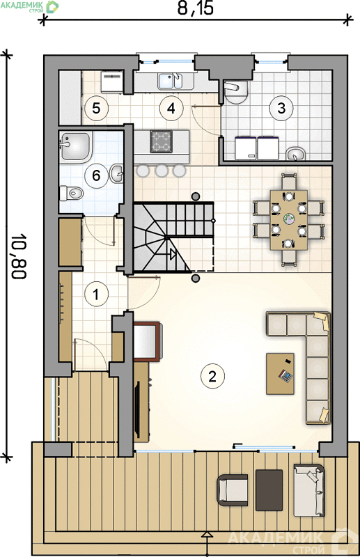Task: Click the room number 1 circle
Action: point(96,294)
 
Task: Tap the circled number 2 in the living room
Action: point(212,376)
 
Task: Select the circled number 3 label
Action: point(281,108)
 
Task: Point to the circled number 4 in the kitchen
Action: point(171,108)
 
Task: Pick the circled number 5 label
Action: point(96,108)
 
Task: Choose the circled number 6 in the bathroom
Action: point(96,176)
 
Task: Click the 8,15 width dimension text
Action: point(196,8)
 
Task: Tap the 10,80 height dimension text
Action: point(19,256)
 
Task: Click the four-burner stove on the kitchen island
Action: point(161,141)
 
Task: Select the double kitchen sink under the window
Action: point(171,81)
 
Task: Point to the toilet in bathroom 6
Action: point(72,193)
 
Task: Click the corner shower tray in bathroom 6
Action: point(76,146)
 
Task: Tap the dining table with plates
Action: point(289,220)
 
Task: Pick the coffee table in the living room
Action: point(280,373)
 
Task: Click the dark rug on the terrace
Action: point(269,490)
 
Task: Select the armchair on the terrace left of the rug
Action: point(233,490)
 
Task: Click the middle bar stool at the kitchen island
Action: point(162,171)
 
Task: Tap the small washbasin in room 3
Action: point(296,153)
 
